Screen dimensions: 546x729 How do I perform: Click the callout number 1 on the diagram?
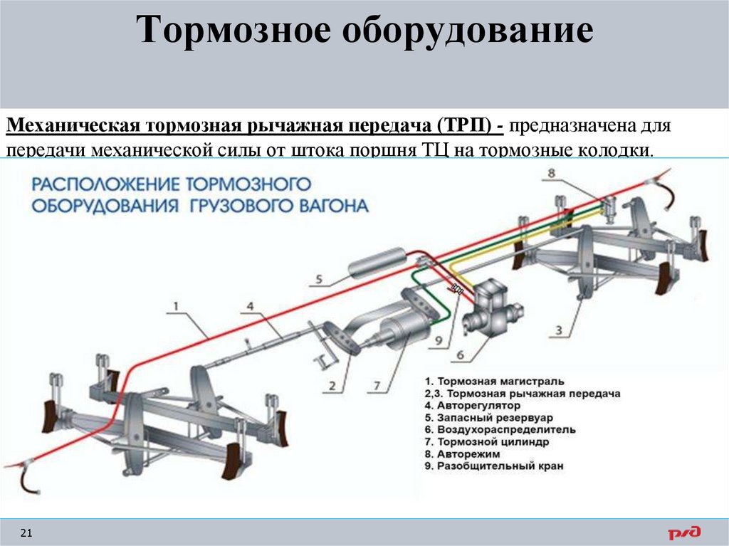176,307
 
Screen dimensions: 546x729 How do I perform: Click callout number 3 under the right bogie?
559,330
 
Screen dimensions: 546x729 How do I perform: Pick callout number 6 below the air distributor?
459,354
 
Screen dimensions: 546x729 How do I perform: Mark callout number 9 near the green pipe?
439,341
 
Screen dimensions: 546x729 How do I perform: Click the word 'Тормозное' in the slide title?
236,33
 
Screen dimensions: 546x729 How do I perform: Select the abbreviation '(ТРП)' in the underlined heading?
462,126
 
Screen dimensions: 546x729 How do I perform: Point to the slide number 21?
28,533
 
